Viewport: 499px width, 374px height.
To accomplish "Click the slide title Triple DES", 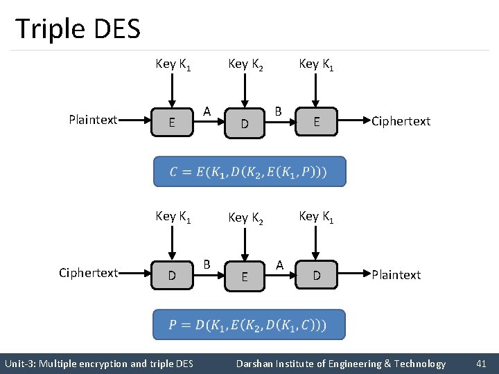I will coord(78,29).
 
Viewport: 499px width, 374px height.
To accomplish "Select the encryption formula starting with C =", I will coord(249,171).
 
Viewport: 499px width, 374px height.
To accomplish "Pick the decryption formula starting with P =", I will coord(249,324).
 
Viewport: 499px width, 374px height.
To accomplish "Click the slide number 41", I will coord(481,364).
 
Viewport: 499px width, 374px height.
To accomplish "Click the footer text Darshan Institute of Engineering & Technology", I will coord(341,364).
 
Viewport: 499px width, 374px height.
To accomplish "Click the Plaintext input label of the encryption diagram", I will coord(93,120).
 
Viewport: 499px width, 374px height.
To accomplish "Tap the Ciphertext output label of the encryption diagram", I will coord(401,121).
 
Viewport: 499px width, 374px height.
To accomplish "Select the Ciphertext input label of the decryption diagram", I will coord(88,273).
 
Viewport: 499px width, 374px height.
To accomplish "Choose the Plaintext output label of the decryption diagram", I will coord(396,275).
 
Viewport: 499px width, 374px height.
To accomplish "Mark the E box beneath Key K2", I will coord(244,277).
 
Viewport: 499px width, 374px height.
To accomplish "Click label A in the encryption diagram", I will coord(207,111).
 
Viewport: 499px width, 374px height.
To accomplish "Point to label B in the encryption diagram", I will coord(278,111).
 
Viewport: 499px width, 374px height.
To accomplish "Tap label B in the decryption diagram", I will coord(207,264).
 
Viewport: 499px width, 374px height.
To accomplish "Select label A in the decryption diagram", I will coord(279,264).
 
